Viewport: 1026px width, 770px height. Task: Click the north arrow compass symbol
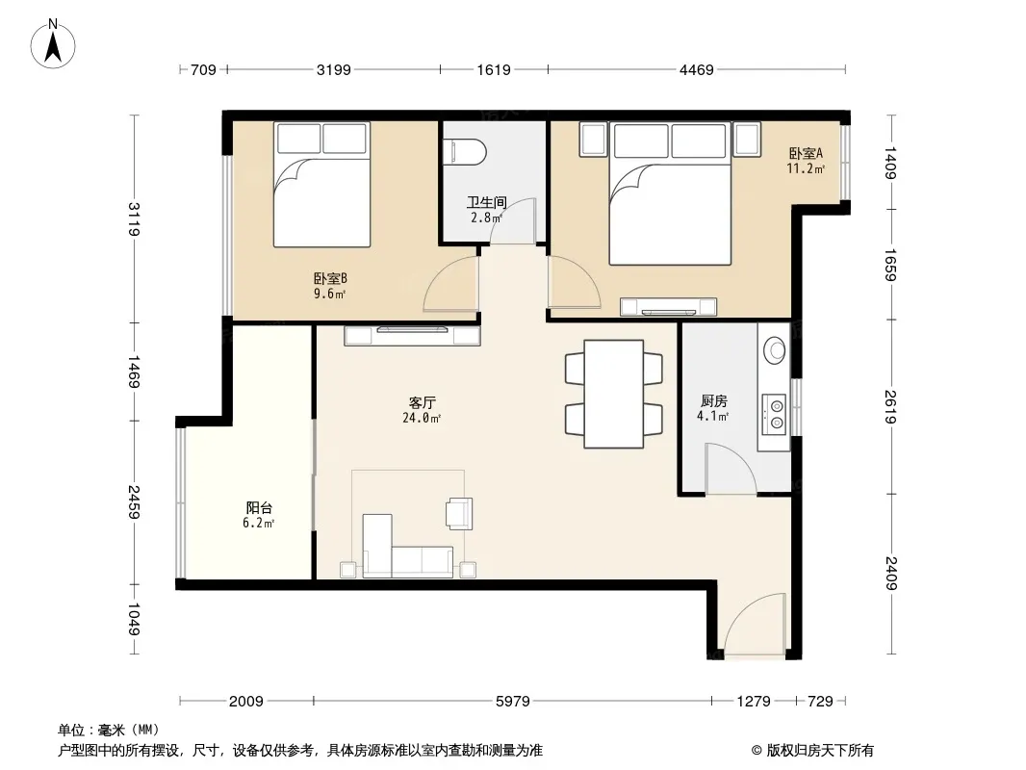click(53, 44)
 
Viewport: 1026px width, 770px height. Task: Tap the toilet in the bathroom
click(465, 152)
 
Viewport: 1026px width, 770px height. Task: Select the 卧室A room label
click(806, 154)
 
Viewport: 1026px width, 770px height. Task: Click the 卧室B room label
click(330, 279)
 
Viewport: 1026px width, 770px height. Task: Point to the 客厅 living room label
click(423, 403)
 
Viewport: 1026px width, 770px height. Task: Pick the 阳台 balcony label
click(259, 507)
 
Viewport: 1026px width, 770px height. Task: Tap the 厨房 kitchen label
click(713, 401)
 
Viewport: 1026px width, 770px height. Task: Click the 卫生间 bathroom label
click(486, 203)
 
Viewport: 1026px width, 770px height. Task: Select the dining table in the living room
click(614, 394)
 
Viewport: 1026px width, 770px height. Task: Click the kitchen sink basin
click(776, 350)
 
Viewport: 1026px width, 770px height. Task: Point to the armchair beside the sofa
click(459, 513)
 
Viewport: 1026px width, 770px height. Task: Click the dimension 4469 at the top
click(696, 70)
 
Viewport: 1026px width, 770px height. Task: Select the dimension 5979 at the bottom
click(512, 702)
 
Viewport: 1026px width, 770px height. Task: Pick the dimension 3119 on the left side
click(134, 218)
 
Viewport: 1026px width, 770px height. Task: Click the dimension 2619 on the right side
click(890, 407)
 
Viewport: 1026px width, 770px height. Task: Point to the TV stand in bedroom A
click(668, 307)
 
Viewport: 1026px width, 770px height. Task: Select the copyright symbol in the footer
click(757, 751)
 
